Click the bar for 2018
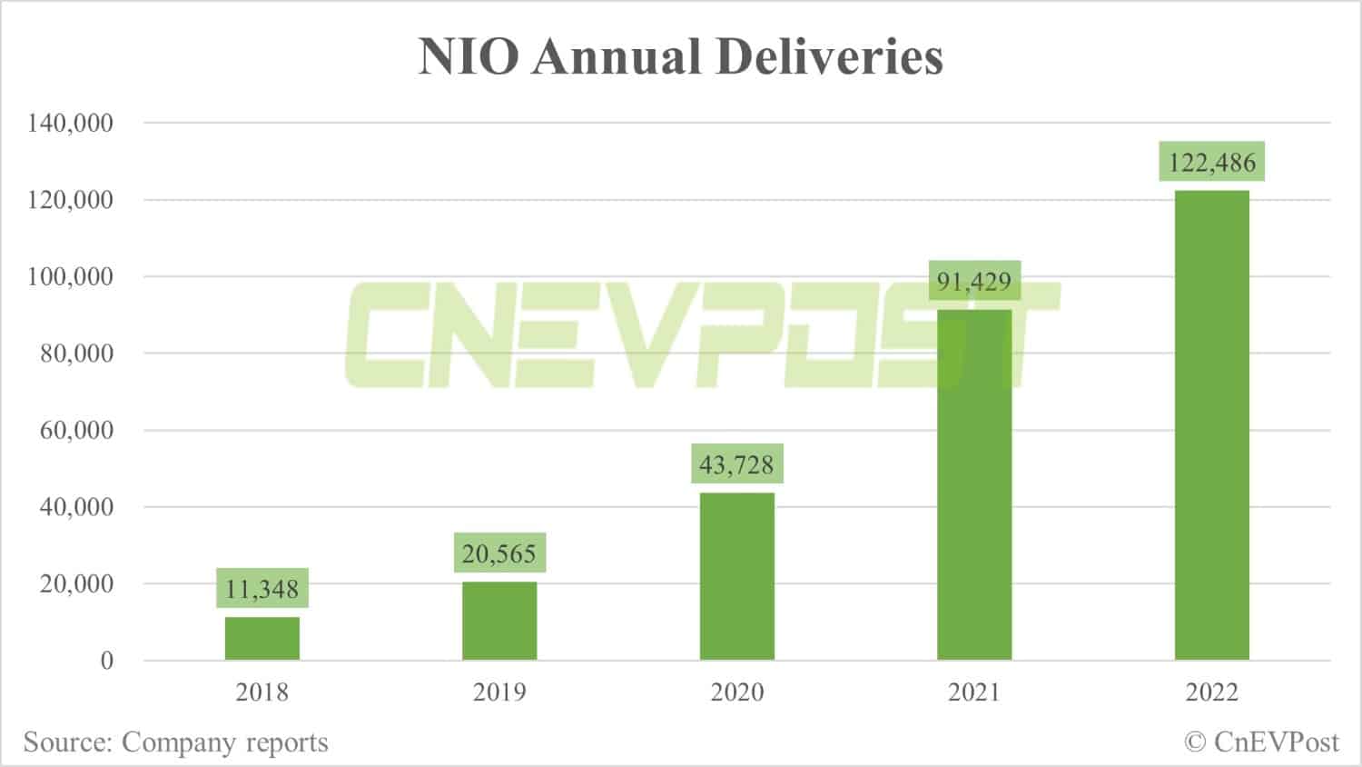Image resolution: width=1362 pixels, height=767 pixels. click(x=262, y=638)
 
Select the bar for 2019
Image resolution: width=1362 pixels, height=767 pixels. click(x=499, y=621)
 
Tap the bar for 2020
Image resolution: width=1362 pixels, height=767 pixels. click(x=736, y=576)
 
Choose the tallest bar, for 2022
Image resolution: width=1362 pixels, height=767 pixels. click(x=1211, y=424)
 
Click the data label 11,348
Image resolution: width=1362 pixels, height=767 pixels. click(x=262, y=589)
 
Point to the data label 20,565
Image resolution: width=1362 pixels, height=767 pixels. click(x=499, y=553)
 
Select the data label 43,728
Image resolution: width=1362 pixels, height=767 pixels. click(x=736, y=464)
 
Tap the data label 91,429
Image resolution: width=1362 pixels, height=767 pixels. click(x=974, y=281)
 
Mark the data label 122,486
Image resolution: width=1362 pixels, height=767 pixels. click(x=1211, y=163)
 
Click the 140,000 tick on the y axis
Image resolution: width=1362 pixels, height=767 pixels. click(x=71, y=123)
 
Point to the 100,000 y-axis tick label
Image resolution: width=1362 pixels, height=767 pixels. click(x=71, y=276)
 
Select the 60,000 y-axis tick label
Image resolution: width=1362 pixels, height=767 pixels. click(x=77, y=430)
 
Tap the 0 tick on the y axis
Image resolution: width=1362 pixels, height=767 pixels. click(x=107, y=661)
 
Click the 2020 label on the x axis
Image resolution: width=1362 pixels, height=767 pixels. click(x=736, y=692)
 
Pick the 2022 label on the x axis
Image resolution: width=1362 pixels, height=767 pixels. click(x=1211, y=692)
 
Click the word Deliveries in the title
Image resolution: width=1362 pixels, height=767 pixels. click(x=829, y=57)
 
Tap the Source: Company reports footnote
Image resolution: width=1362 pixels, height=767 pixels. click(x=175, y=742)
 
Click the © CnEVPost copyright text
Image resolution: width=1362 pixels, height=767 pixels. click(x=1261, y=742)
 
